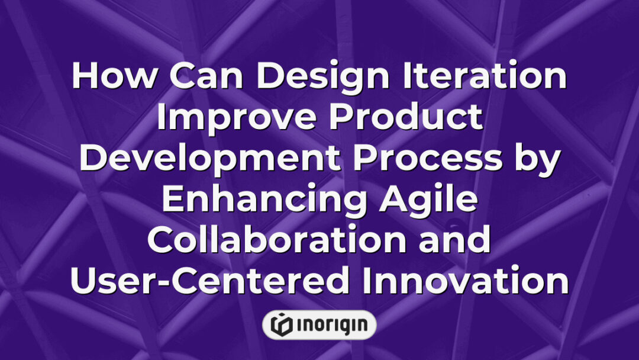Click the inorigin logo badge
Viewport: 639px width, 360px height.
319,324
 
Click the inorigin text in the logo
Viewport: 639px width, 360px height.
330,324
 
